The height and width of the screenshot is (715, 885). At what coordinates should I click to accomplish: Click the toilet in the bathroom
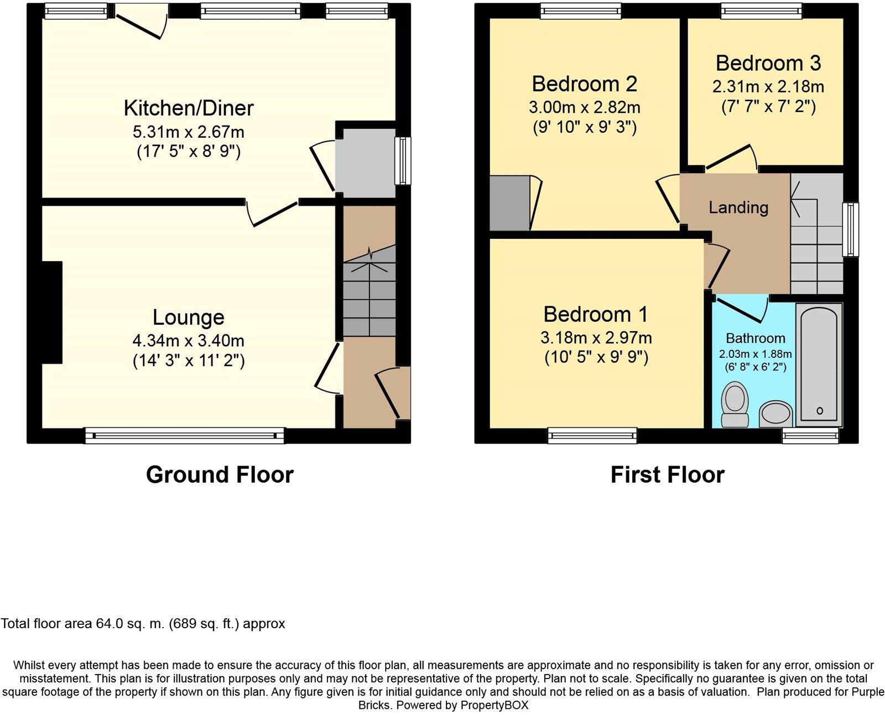click(x=735, y=404)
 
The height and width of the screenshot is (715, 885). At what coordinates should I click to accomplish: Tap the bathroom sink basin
click(x=775, y=414)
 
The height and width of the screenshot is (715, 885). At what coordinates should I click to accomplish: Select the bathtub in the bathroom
click(x=819, y=364)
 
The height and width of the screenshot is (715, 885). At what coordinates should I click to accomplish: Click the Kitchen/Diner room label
click(x=189, y=108)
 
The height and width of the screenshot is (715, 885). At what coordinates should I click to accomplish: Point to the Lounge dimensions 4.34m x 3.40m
click(x=188, y=341)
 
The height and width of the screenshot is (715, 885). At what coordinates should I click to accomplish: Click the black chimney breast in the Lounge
click(x=52, y=312)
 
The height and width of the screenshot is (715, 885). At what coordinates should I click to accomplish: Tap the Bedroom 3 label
click(x=768, y=63)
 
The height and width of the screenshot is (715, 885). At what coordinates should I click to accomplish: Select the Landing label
click(x=738, y=207)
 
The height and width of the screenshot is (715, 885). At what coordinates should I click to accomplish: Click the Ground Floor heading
click(x=220, y=474)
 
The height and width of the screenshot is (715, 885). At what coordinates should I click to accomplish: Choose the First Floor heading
click(x=667, y=474)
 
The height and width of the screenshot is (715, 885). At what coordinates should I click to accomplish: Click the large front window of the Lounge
click(x=184, y=436)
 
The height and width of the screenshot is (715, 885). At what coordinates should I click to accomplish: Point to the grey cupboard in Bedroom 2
click(x=509, y=203)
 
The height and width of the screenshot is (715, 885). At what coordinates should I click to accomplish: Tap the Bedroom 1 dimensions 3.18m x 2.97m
click(x=596, y=337)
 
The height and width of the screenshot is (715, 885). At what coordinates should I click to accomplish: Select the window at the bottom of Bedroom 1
click(x=592, y=436)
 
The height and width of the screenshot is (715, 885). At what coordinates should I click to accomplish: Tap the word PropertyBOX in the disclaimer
click(x=494, y=705)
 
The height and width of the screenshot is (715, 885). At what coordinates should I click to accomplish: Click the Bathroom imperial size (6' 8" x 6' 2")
click(x=755, y=367)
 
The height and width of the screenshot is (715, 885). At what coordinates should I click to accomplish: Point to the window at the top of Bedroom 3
click(x=761, y=11)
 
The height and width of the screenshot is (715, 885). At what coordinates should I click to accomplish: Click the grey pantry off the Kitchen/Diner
click(x=365, y=161)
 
